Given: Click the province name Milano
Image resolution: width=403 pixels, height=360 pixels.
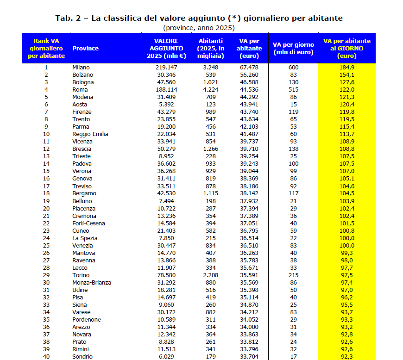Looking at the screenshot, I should tap(81, 67).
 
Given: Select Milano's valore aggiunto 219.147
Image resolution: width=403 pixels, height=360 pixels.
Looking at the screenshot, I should tap(166, 67).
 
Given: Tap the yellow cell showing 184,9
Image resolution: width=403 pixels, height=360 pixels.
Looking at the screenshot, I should tap(346, 67).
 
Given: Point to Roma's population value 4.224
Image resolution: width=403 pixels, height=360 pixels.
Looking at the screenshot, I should tap(210, 89).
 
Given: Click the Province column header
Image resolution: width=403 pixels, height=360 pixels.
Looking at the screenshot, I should tap(86, 48).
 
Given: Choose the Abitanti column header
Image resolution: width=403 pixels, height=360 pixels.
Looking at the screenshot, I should tap(210, 48).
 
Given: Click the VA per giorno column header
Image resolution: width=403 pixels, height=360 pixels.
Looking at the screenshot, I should tap(293, 48).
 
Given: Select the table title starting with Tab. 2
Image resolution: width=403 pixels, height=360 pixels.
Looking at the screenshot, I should tap(199, 18).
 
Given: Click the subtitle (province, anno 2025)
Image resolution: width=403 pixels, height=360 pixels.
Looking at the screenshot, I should tap(199, 27).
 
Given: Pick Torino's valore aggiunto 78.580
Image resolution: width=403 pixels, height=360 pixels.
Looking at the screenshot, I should tap(166, 275).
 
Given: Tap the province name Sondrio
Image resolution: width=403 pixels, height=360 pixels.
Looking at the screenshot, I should tap(82, 356).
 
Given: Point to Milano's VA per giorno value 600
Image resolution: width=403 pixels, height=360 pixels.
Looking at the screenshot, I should tap(294, 67).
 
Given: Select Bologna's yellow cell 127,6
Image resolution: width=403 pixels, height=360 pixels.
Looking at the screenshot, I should tap(346, 82).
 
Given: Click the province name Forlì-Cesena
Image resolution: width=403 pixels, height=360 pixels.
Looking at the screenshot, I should tap(89, 223).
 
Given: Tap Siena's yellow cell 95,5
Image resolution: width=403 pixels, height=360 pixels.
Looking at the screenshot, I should tap(346, 304).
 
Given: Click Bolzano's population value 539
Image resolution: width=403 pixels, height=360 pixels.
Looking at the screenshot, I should tap(210, 74).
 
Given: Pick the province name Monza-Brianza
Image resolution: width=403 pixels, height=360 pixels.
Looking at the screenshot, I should tap(92, 282).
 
